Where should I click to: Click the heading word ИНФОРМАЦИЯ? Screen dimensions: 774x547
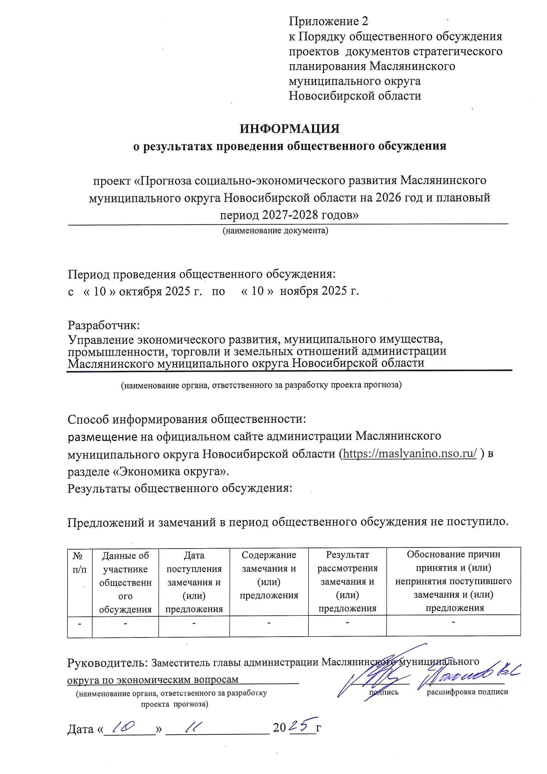[289, 129]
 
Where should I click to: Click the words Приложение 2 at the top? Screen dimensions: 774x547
[328, 22]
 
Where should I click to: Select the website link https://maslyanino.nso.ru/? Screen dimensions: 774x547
[409, 454]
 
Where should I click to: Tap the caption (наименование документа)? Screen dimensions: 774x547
[275, 231]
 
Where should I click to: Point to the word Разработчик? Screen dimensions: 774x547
[104, 325]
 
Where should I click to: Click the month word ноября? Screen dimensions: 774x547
[299, 291]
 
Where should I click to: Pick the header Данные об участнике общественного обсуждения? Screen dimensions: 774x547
[125, 582]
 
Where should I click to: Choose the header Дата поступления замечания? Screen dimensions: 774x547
[194, 582]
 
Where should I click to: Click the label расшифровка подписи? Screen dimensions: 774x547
[467, 692]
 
